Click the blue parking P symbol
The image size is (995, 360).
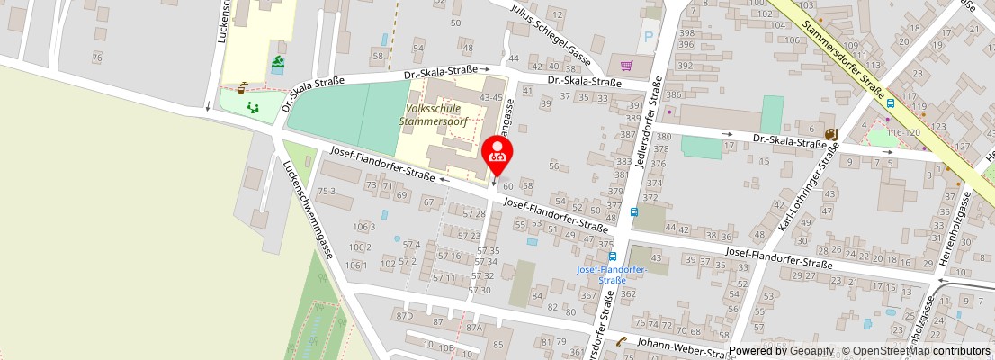point(648,40)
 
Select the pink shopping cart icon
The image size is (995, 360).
point(626,65)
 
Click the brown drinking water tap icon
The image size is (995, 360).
point(243,87)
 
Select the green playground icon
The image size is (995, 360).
point(254,107)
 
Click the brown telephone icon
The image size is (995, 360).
point(622,342)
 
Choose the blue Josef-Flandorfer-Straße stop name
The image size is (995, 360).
point(612,274)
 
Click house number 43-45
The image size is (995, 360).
point(492,97)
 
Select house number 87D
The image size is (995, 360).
point(404,316)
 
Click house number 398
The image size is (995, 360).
point(686,32)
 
